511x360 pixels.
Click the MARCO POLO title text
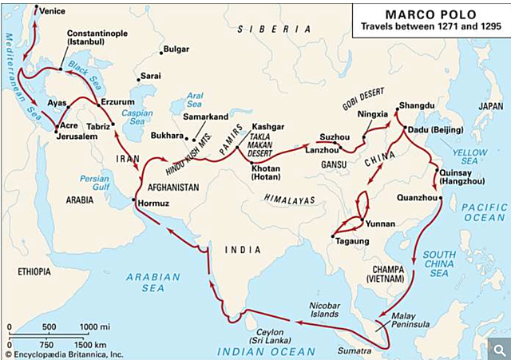pos(429,14)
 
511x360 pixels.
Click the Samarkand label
pos(206,117)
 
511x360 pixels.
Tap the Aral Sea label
pos(194,99)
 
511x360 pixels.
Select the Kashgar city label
pos(267,127)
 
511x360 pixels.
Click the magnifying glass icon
pos(497,349)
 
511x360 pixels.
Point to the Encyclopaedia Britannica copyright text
pos(64,353)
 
